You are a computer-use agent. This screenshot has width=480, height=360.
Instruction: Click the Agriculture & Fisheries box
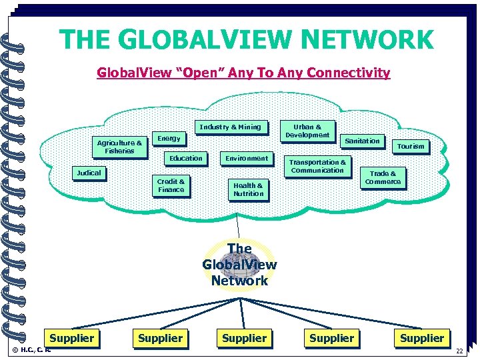point(119,147)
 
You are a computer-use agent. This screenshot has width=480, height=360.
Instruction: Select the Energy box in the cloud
point(169,138)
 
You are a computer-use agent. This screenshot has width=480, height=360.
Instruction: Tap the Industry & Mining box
point(231,127)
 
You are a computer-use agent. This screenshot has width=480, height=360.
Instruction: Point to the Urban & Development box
point(307,131)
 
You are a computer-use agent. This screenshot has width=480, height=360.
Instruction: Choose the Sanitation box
point(362,141)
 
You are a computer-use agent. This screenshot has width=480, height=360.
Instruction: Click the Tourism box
point(410,146)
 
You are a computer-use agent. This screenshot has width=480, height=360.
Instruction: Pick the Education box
point(185,158)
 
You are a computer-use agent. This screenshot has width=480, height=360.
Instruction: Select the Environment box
point(247,158)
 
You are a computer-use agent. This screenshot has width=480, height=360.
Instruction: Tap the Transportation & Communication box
point(317,166)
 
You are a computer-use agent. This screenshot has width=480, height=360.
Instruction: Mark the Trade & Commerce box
point(383,177)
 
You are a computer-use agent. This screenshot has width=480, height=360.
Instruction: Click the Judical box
point(89,173)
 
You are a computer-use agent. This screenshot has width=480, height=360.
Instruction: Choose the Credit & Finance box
point(171,185)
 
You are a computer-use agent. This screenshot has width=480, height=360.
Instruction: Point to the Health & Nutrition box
point(248,189)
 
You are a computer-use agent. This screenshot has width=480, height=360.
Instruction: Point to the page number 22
point(459,351)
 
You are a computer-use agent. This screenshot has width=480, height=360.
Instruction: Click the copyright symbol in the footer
point(16,349)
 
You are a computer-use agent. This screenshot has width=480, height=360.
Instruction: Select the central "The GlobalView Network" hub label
point(239,265)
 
